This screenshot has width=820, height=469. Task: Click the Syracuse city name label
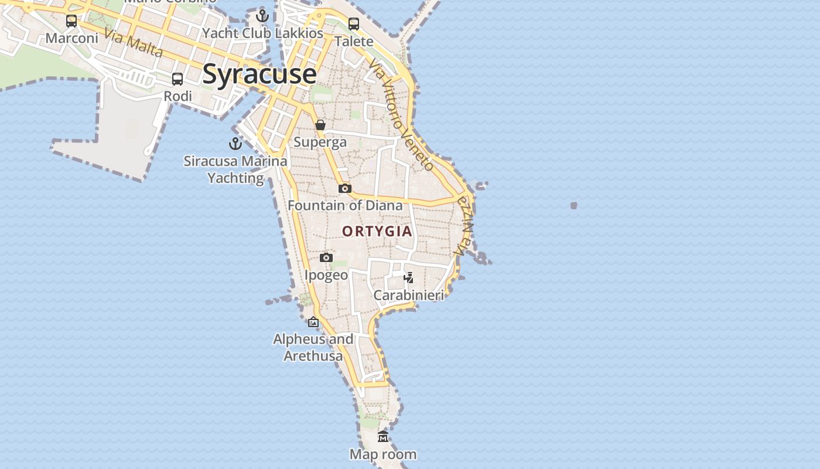259,74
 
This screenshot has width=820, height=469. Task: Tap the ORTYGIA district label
377,232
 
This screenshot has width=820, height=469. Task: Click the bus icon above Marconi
71,21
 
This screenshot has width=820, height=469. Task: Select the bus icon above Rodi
177,79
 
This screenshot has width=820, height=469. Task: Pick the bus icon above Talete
354,24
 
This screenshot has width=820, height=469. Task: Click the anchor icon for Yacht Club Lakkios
262,16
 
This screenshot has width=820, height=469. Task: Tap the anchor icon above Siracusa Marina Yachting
235,143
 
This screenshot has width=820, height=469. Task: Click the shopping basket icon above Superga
320,125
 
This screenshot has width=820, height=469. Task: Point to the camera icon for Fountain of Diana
345,188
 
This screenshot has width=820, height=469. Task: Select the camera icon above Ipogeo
326,257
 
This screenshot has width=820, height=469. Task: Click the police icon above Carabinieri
409,277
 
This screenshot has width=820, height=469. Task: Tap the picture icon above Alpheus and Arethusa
313,322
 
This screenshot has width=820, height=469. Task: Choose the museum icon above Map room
383,436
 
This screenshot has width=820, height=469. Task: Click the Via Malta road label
134,43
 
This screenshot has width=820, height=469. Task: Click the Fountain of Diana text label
345,206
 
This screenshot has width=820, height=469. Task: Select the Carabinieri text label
409,295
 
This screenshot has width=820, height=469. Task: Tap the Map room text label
383,454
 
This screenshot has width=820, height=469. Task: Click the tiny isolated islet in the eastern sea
573,205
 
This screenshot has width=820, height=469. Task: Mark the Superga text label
320,142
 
